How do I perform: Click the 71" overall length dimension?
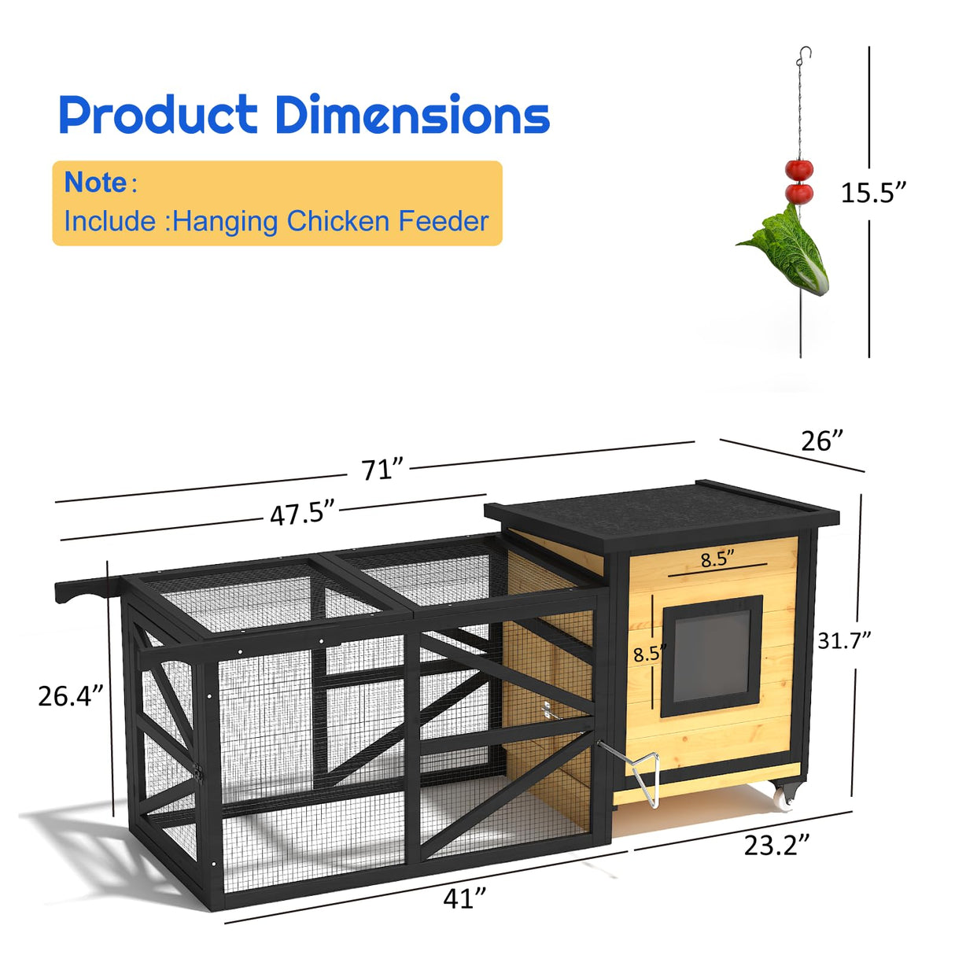pos(382,470)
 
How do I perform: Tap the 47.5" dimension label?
pos(303,514)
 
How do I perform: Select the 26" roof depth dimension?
pos(822,441)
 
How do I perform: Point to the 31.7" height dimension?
pos(844,640)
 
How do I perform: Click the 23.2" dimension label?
pos(776,845)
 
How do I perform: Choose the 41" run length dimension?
pos(464,898)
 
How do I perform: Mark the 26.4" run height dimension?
pos(71,695)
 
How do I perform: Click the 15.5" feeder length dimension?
pos(873,193)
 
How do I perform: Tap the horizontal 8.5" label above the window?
pos(717,560)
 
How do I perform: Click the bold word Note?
pos(95,183)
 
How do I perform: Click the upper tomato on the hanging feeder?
pos(799,169)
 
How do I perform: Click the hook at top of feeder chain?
pos(803,54)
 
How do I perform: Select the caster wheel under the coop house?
pos(785,797)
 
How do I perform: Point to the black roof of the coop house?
pos(661,512)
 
